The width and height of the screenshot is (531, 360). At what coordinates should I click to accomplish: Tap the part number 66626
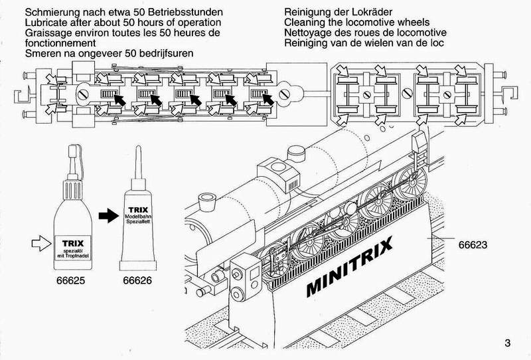pyautogui.click(x=137, y=281)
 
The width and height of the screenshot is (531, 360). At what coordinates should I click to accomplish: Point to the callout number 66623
pyautogui.click(x=473, y=244)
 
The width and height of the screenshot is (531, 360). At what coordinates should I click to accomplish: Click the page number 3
pyautogui.click(x=508, y=343)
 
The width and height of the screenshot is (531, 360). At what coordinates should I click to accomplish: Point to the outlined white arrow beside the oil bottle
pyautogui.click(x=39, y=246)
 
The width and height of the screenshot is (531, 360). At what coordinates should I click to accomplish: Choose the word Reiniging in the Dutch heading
pyautogui.click(x=308, y=43)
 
